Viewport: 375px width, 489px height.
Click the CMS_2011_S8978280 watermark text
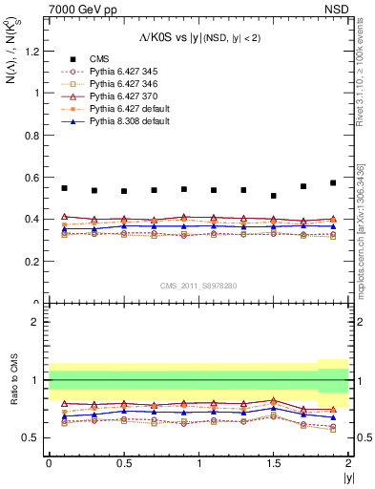198,285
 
